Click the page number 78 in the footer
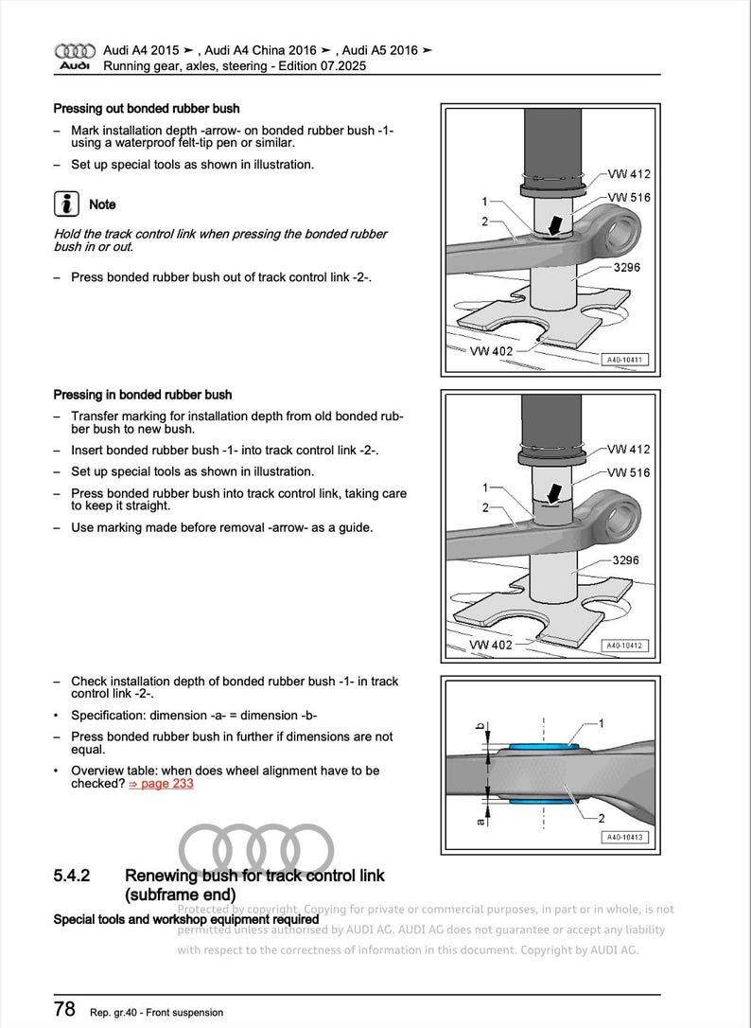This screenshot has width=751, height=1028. pos(64,1009)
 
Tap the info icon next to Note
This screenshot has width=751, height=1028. pos(65,204)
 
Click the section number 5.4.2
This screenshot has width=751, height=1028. pos(72,876)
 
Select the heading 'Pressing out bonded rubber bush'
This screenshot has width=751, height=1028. pos(146,109)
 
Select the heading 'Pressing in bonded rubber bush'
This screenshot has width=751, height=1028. pos(142,395)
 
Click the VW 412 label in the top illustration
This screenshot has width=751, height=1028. pos(629,174)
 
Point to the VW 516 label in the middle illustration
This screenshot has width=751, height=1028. pos(629,472)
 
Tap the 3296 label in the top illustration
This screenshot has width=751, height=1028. pos(625,268)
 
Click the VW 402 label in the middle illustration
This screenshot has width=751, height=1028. pos(491,645)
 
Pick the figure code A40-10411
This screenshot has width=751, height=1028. pos(624,360)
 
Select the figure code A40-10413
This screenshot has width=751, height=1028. pos(624,837)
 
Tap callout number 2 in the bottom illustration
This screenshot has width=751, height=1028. pos(602,817)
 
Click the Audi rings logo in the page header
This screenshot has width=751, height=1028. pos(75,50)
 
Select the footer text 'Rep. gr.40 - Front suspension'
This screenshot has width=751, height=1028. pos(157,1012)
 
